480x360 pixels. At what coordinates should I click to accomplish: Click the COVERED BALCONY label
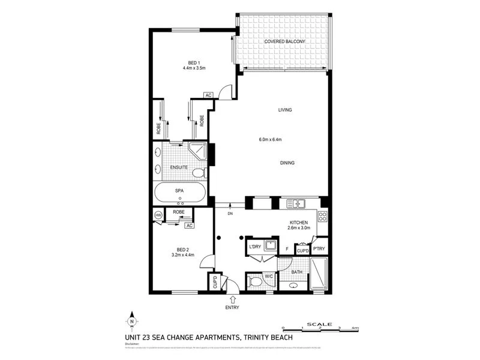281,41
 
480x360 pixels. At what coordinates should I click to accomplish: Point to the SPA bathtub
179,193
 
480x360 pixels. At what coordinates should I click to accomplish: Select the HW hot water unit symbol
158,215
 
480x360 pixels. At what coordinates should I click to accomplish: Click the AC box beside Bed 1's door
208,95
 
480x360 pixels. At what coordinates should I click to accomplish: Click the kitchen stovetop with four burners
322,217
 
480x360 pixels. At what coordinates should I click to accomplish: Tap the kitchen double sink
296,204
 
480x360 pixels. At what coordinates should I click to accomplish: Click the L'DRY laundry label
254,246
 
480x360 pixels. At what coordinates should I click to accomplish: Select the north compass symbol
133,321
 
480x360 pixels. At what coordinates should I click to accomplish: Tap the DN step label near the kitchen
230,213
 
